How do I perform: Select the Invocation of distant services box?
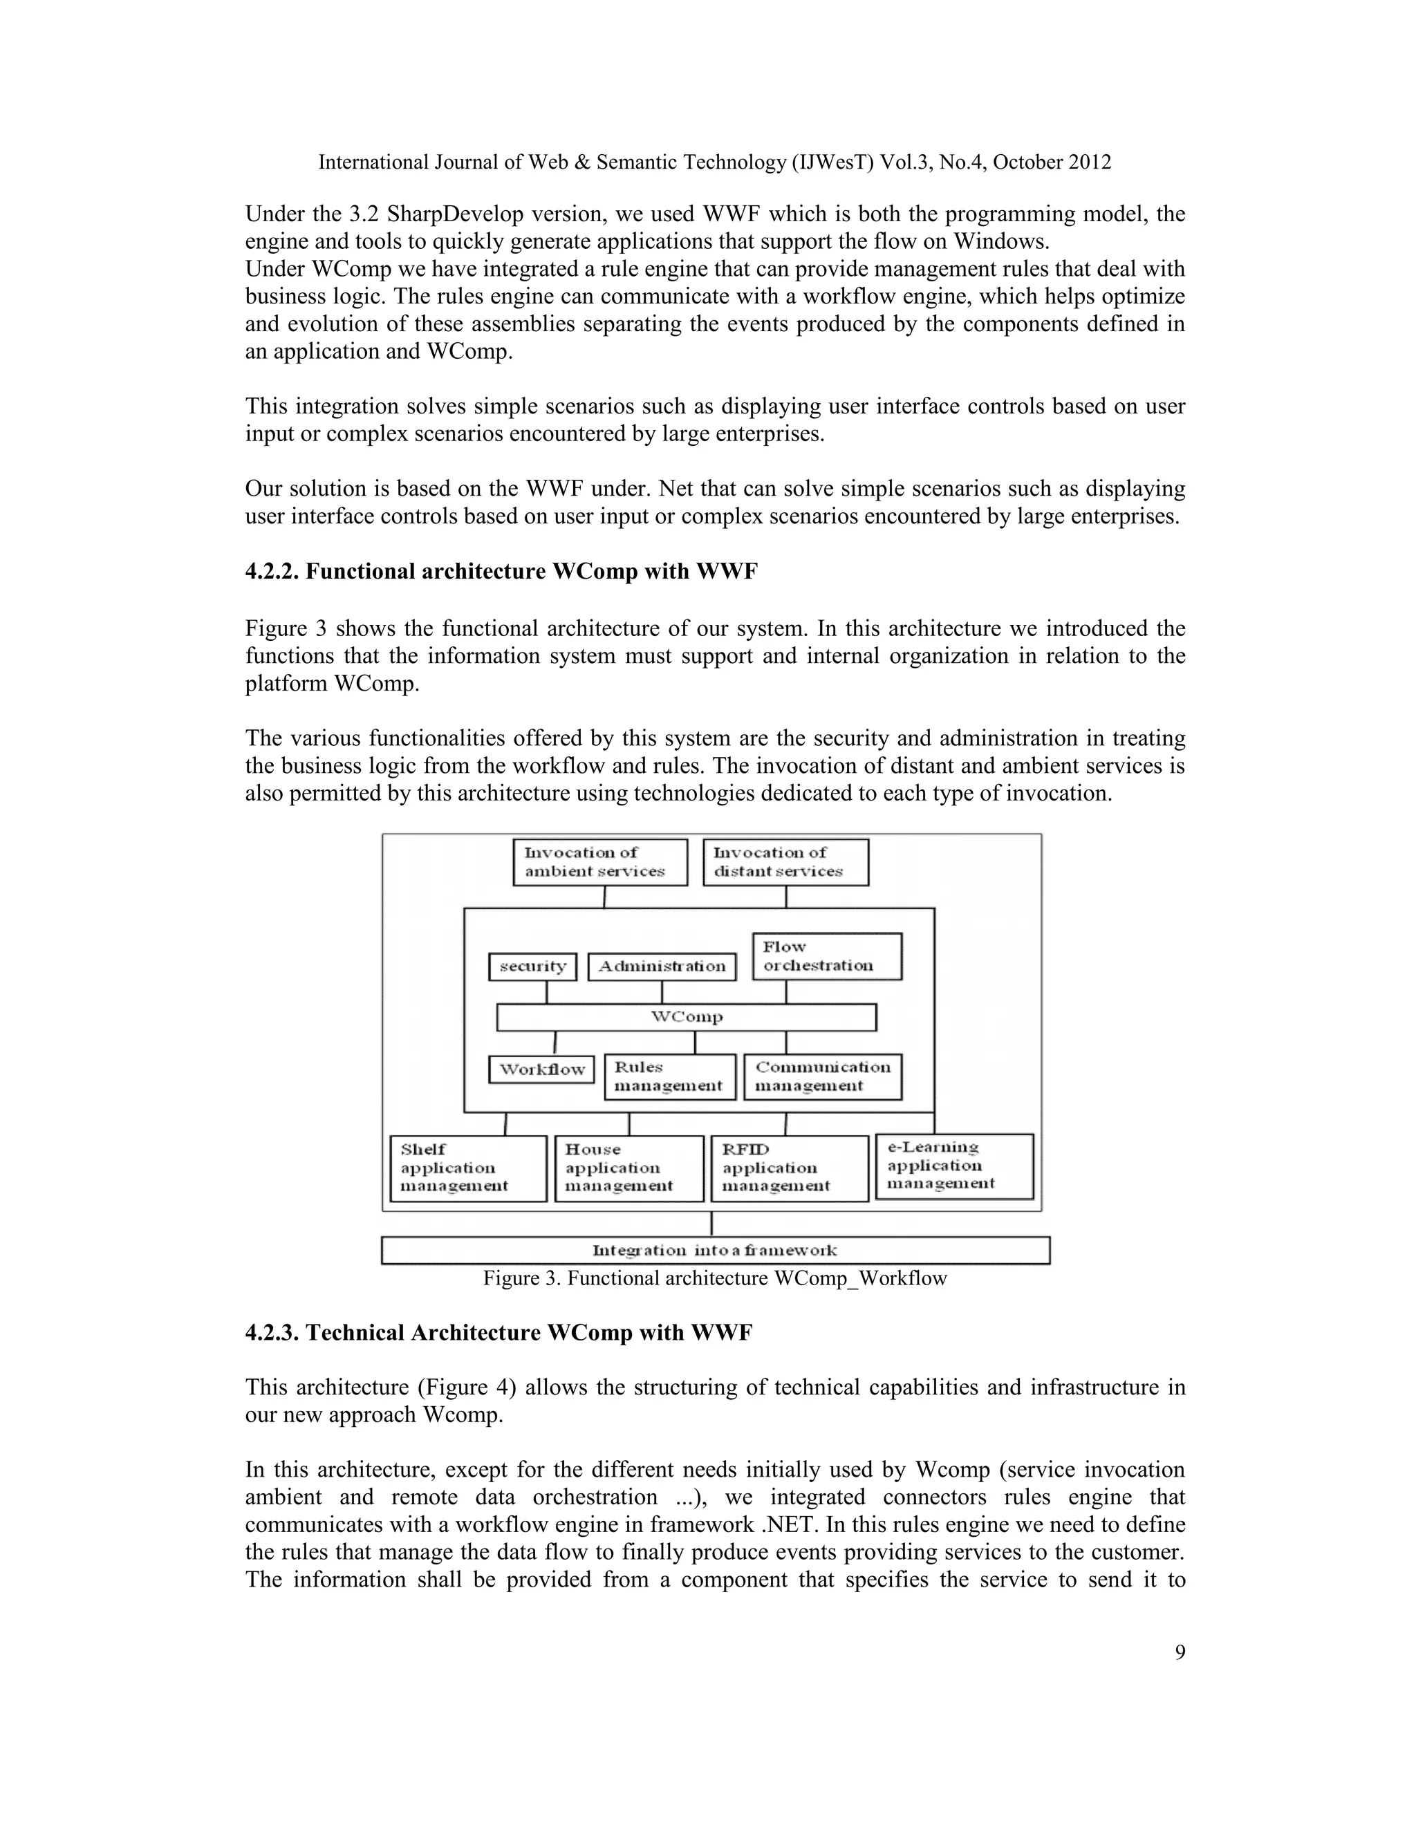(x=785, y=861)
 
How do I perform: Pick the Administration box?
(x=662, y=966)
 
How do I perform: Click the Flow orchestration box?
(x=826, y=956)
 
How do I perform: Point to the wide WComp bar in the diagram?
(x=686, y=1017)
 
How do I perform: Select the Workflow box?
(x=542, y=1069)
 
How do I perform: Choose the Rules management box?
(x=669, y=1076)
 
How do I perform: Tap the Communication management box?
(x=822, y=1076)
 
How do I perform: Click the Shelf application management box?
(x=468, y=1168)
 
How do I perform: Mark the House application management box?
(x=629, y=1168)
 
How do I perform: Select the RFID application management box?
(x=790, y=1168)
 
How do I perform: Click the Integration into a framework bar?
(x=715, y=1250)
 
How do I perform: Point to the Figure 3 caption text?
(x=715, y=1278)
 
